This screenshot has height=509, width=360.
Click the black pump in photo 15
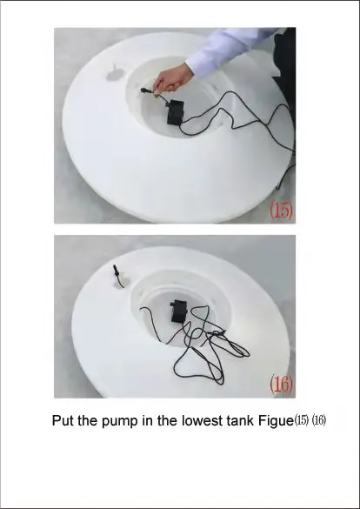click(176, 112)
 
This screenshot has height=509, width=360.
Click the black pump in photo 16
click(179, 311)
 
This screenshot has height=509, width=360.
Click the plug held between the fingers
click(147, 90)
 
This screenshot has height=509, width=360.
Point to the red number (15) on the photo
click(282, 210)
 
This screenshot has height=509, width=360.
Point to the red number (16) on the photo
click(282, 384)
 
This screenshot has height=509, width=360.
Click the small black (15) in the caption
click(302, 420)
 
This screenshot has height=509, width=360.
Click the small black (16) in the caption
click(319, 420)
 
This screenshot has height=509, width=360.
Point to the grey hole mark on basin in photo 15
click(114, 76)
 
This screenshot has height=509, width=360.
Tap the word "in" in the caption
click(147, 420)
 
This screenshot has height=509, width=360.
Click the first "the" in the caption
click(88, 420)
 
